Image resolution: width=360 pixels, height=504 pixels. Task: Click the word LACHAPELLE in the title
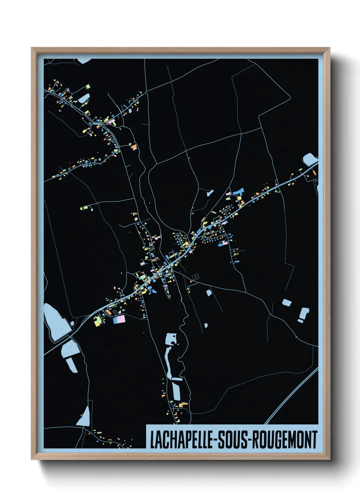[x=181, y=440]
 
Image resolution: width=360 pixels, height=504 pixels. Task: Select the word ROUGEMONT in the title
[x=285, y=440]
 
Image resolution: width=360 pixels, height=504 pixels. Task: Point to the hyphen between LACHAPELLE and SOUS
[x=215, y=440]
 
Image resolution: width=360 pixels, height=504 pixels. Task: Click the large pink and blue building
[x=119, y=319]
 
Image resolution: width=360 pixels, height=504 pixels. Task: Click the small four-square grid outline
[x=195, y=278]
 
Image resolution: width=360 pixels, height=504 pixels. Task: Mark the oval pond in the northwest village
[x=83, y=98]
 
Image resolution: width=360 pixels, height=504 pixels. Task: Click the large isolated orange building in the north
[x=134, y=147]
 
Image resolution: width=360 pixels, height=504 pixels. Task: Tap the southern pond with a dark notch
[x=171, y=339]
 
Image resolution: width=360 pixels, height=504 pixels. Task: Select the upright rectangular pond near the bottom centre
[x=176, y=390]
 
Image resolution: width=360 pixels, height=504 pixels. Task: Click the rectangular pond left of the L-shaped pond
[x=287, y=302]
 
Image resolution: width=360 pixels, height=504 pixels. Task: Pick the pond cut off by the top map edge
[x=84, y=61]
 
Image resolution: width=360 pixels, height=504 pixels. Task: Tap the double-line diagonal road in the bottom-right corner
[x=293, y=395]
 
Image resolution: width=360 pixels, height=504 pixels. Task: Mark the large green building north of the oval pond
[x=88, y=86]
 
